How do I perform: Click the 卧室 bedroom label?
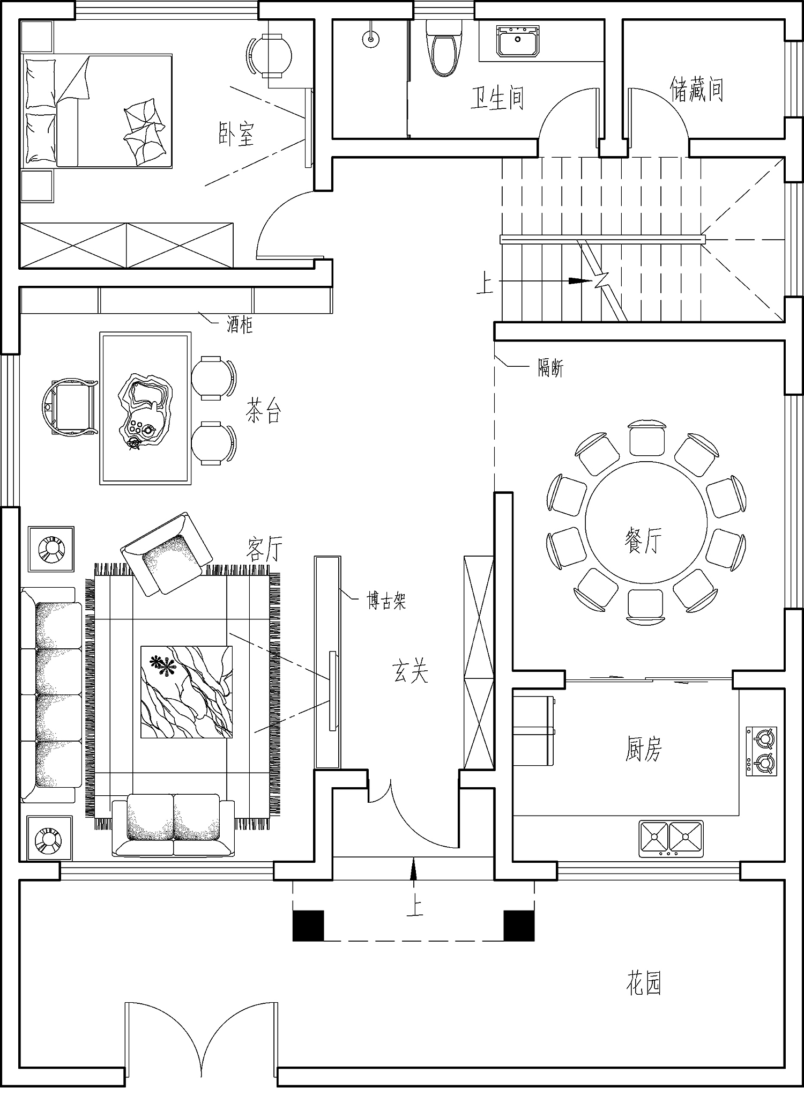(236, 134)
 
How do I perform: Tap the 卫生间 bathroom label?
(497, 98)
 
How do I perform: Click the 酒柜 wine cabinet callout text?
(240, 324)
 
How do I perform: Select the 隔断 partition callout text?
(551, 368)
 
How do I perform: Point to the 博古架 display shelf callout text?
(386, 601)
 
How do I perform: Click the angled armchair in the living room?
(166, 553)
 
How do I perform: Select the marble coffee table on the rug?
(187, 692)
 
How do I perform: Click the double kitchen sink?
(671, 838)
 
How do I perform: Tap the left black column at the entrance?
(308, 926)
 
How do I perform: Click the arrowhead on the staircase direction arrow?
(581, 280)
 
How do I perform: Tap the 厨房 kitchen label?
(644, 749)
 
